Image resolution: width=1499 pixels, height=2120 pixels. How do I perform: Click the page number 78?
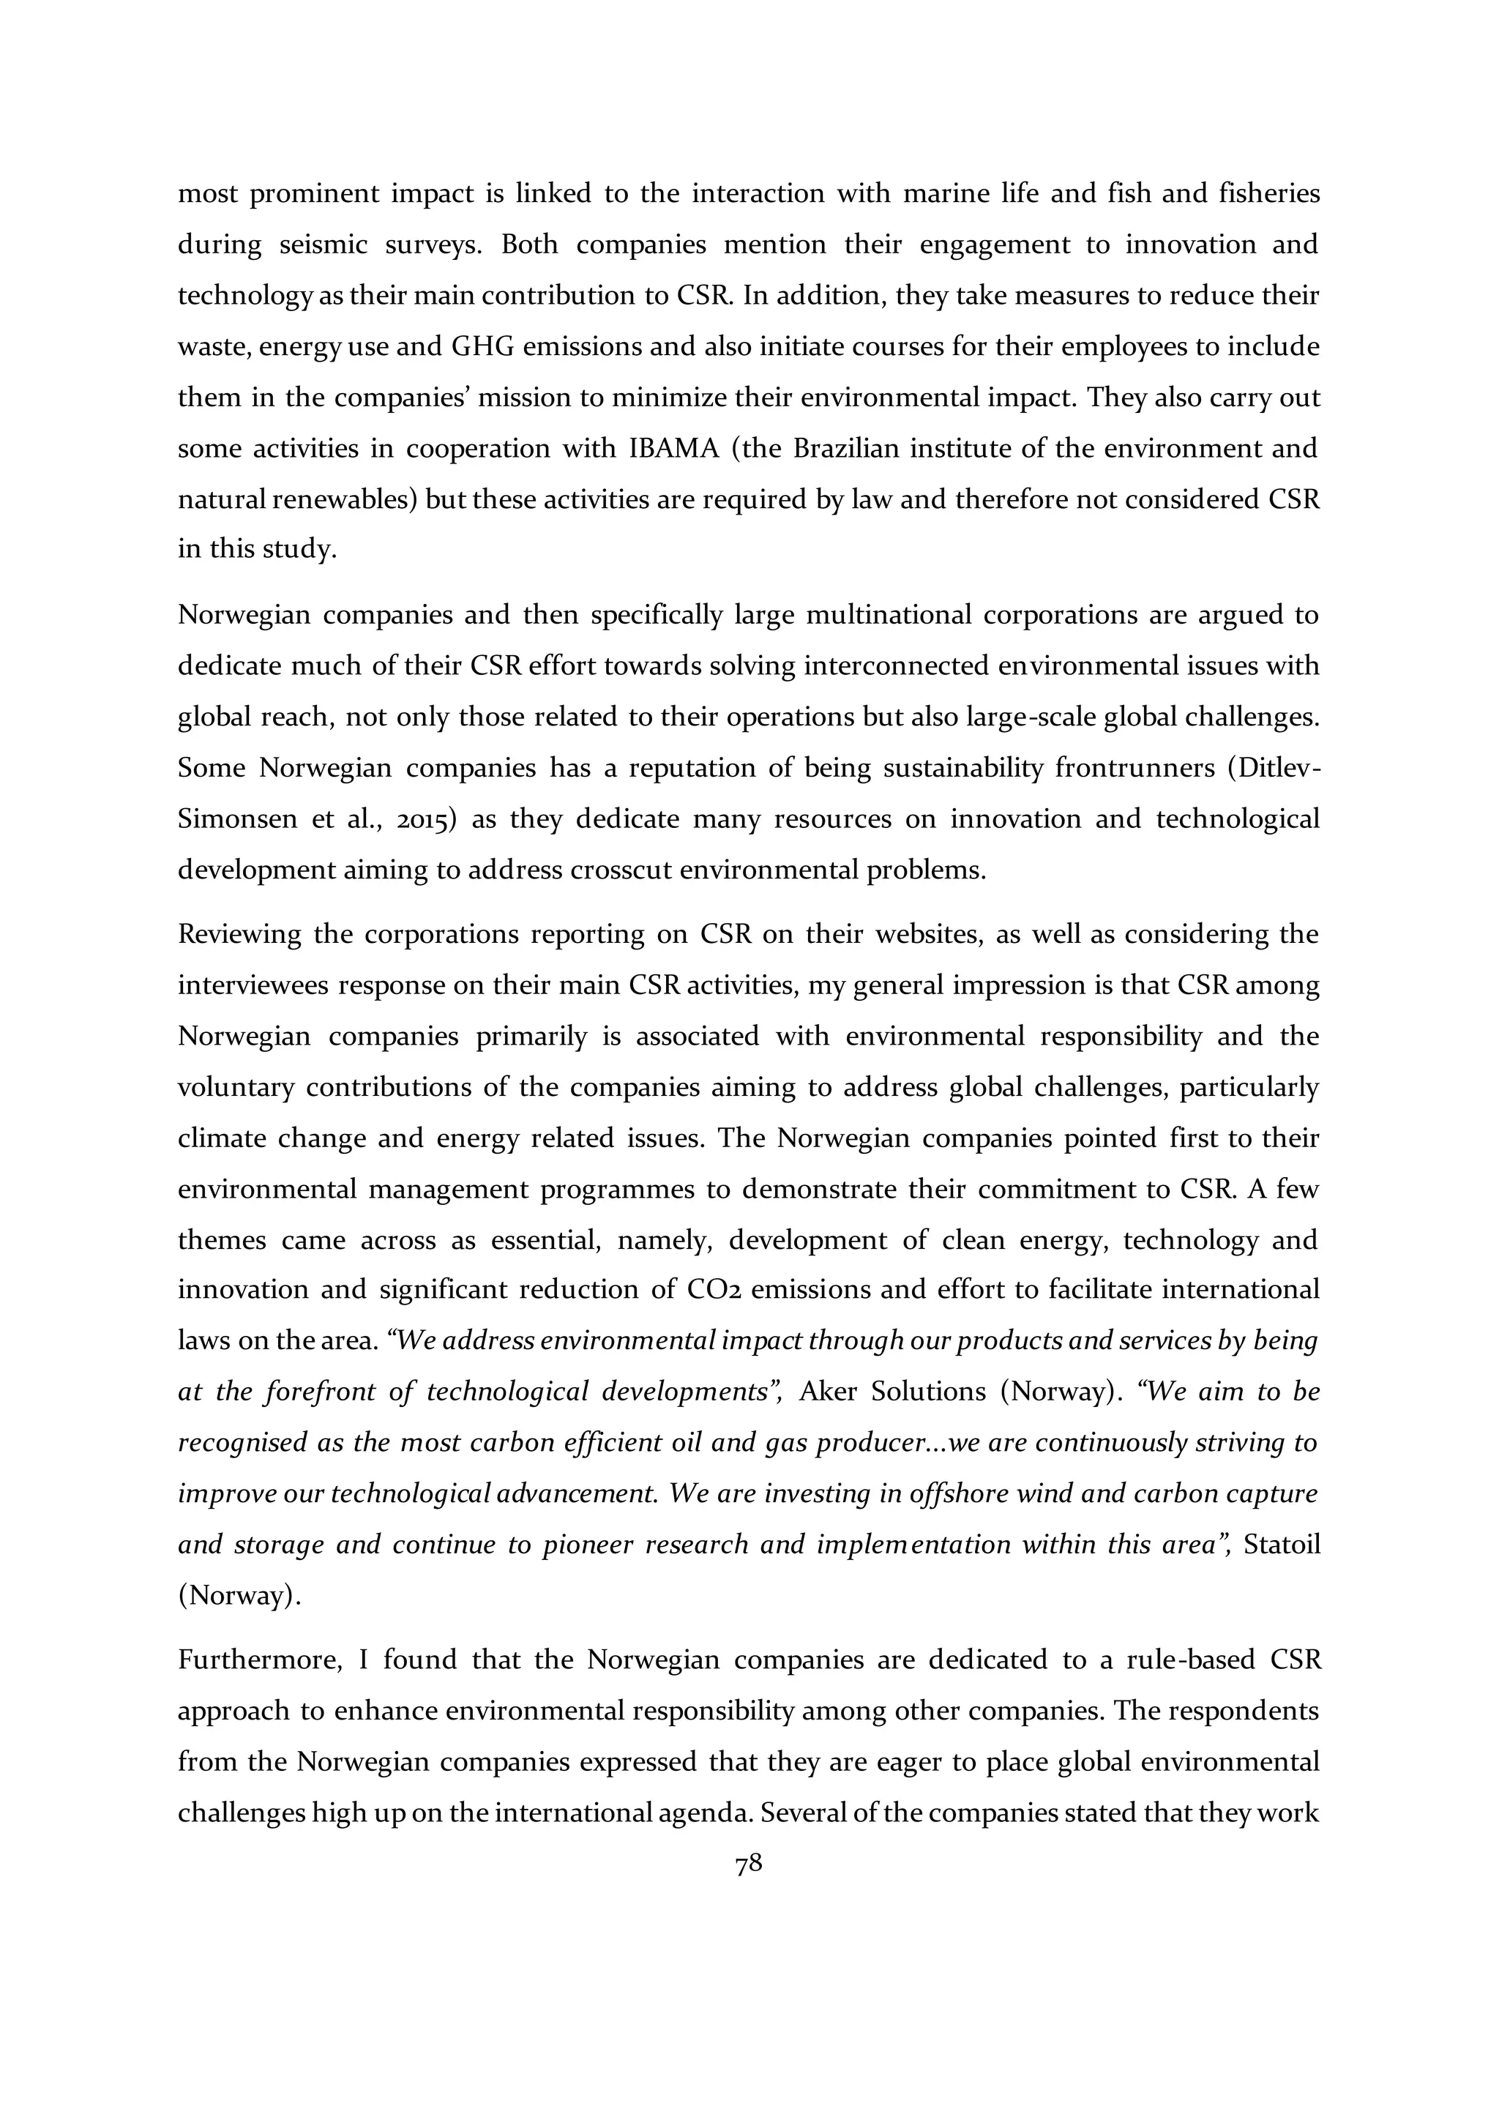[x=749, y=1865]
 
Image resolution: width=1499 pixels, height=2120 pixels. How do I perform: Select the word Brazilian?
[x=845, y=449]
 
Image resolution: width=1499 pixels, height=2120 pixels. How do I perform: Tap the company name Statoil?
[x=1282, y=1545]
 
